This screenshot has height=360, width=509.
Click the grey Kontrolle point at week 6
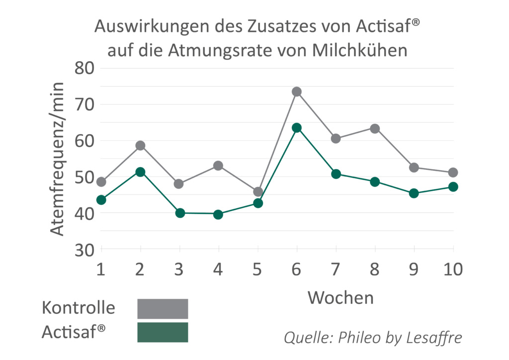297,91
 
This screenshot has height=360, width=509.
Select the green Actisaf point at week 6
297,128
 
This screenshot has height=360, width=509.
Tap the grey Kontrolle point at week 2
140,146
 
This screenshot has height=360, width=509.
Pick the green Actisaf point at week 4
218,214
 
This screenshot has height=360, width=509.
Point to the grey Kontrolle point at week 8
375,129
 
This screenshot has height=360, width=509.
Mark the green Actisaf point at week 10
453,187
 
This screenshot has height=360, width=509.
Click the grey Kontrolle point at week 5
257,192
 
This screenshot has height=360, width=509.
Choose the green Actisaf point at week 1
101,200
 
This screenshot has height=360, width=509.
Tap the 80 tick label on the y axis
85,68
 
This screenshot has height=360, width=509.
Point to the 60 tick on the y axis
85,141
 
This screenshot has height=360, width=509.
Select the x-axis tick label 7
336,270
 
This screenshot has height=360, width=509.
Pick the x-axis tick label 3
179,270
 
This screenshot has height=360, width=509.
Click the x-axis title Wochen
340,297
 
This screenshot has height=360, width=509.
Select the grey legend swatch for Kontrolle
163,308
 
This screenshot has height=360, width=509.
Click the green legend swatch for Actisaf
163,332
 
